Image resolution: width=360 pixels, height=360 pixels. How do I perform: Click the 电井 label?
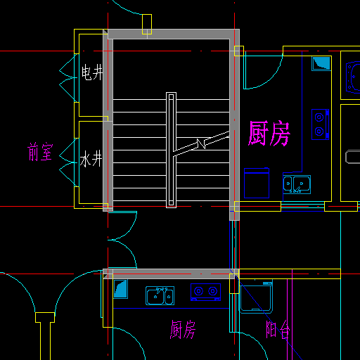(x=92, y=72)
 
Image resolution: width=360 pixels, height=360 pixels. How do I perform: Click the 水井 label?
(x=91, y=159)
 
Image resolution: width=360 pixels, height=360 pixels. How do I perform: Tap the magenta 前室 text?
(x=40, y=152)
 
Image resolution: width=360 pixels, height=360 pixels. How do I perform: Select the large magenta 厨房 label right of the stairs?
(x=269, y=134)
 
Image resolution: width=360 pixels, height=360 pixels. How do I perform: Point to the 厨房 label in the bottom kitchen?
(x=183, y=330)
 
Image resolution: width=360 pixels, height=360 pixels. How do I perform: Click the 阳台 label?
(x=278, y=329)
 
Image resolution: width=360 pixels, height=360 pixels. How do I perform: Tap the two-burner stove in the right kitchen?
(x=320, y=124)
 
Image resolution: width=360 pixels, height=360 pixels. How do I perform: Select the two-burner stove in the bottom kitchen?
(x=205, y=292)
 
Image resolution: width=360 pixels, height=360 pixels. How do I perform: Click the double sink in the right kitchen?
(x=297, y=184)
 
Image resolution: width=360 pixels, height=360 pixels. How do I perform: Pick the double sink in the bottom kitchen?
(x=160, y=295)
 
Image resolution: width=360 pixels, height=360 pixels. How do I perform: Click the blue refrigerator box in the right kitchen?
(x=257, y=183)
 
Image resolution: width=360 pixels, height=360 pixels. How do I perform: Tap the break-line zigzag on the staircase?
(x=201, y=143)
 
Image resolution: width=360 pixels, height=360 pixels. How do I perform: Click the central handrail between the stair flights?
(x=171, y=150)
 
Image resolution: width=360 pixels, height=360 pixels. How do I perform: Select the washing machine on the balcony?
(x=256, y=297)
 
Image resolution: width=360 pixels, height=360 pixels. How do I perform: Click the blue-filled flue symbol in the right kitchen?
(x=321, y=63)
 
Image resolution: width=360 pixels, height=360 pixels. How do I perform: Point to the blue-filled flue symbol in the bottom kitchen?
(x=120, y=289)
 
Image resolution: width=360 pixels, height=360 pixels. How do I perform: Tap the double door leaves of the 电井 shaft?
(x=68, y=78)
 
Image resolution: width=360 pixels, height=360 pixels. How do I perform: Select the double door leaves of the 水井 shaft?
(x=68, y=162)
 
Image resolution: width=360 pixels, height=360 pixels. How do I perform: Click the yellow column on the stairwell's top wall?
(x=147, y=24)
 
